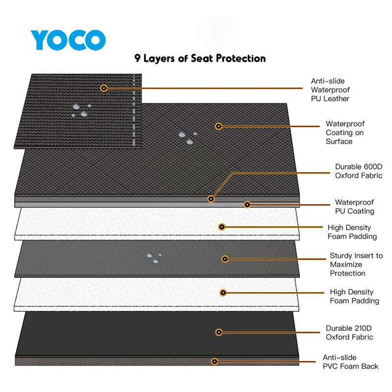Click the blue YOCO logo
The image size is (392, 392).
pos(67,40)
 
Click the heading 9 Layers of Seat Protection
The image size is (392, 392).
pos(200,58)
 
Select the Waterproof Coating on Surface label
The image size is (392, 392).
pos(345,133)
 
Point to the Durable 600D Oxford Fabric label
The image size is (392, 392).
pos(358,171)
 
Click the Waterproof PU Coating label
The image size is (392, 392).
pos(354,207)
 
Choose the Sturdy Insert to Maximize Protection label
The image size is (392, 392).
pos(356,264)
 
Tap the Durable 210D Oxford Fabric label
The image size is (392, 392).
pos(349,332)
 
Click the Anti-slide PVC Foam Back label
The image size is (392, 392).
pos(350,362)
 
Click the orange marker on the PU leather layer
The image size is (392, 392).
pos(103,88)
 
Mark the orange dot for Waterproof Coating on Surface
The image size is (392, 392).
pos(219,126)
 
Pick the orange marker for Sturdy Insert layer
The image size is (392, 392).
pos(225,259)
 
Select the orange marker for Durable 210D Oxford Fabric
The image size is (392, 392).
pos(219,332)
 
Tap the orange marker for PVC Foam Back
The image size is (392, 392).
pos(214,362)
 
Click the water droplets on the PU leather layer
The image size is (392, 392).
pos(80,110)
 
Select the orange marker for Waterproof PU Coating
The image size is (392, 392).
pos(247,204)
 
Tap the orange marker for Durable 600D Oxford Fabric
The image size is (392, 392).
pos(211,199)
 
